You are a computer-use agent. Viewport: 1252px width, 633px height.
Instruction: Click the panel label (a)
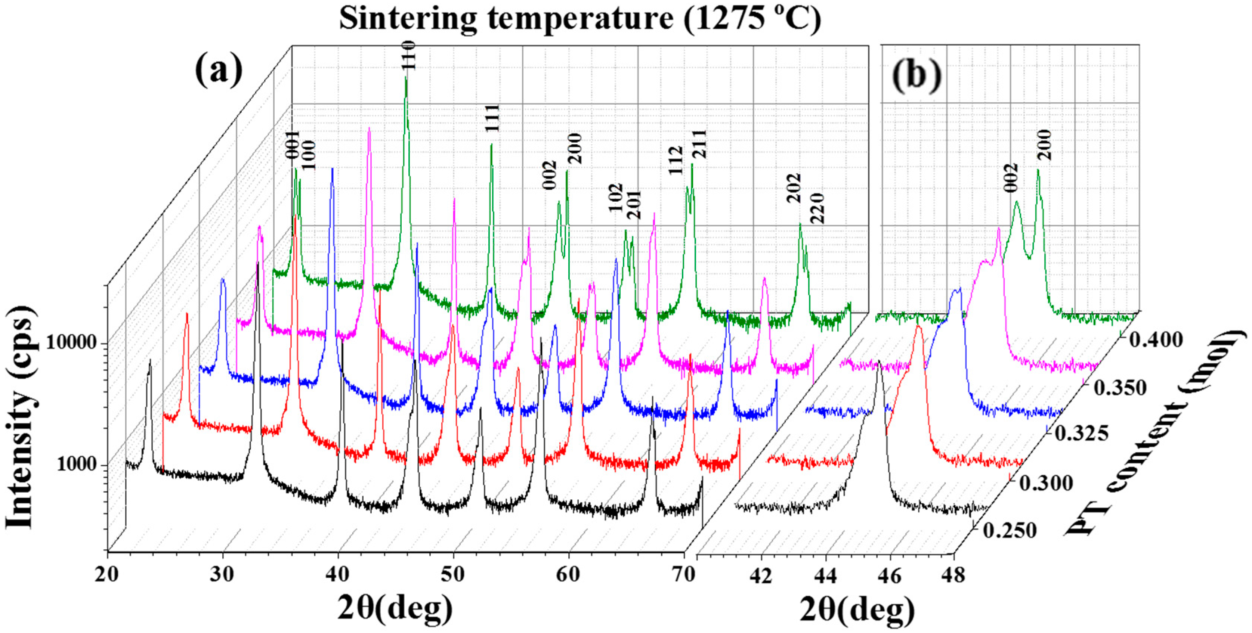tap(219, 71)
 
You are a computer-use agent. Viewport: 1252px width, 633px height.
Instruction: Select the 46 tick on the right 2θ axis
tap(890, 576)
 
